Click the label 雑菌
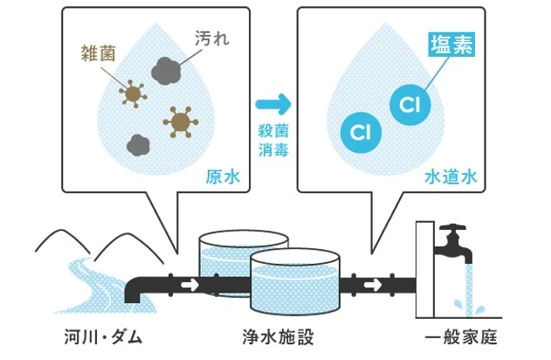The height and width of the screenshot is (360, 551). [x=98, y=53]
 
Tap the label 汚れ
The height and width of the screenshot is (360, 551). [x=212, y=38]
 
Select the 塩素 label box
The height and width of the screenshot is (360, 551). [x=451, y=45]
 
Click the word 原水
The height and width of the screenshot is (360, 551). [x=223, y=177]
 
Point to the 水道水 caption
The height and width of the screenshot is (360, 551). [x=451, y=177]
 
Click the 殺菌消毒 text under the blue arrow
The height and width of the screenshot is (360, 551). [x=273, y=141]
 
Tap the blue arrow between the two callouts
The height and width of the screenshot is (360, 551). [x=273, y=104]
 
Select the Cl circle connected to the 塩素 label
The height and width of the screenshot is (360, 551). [x=410, y=104]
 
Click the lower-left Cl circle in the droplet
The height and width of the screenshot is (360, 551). [x=361, y=133]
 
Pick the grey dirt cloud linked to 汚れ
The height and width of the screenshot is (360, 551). [x=166, y=71]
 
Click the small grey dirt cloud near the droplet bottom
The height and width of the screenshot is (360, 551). [x=139, y=145]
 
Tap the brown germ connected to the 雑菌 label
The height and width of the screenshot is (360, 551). [x=133, y=93]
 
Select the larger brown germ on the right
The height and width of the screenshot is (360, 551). [x=181, y=122]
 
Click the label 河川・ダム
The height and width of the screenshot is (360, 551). [x=103, y=336]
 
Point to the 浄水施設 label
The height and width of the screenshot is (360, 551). [x=278, y=336]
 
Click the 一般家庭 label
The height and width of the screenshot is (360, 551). [x=461, y=336]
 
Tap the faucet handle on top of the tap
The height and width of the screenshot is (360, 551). [x=452, y=227]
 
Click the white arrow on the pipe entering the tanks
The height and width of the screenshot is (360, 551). [x=189, y=284]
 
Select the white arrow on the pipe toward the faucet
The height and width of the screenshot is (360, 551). [x=373, y=284]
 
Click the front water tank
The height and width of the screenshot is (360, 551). [x=295, y=282]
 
